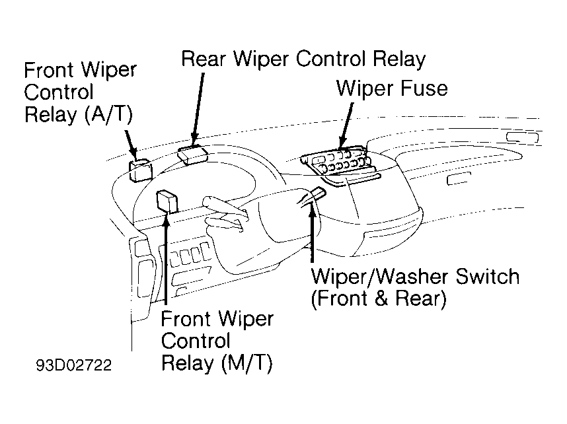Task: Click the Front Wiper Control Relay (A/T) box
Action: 141,170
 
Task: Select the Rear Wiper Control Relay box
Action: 193,155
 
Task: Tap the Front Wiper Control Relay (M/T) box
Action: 167,201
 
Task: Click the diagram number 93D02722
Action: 74,365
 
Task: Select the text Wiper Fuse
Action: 392,88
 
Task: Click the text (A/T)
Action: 109,115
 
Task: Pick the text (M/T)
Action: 246,363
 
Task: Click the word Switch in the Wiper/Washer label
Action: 487,277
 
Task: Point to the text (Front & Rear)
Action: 379,299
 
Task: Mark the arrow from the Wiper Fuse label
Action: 346,125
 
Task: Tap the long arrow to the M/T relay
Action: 166,258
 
